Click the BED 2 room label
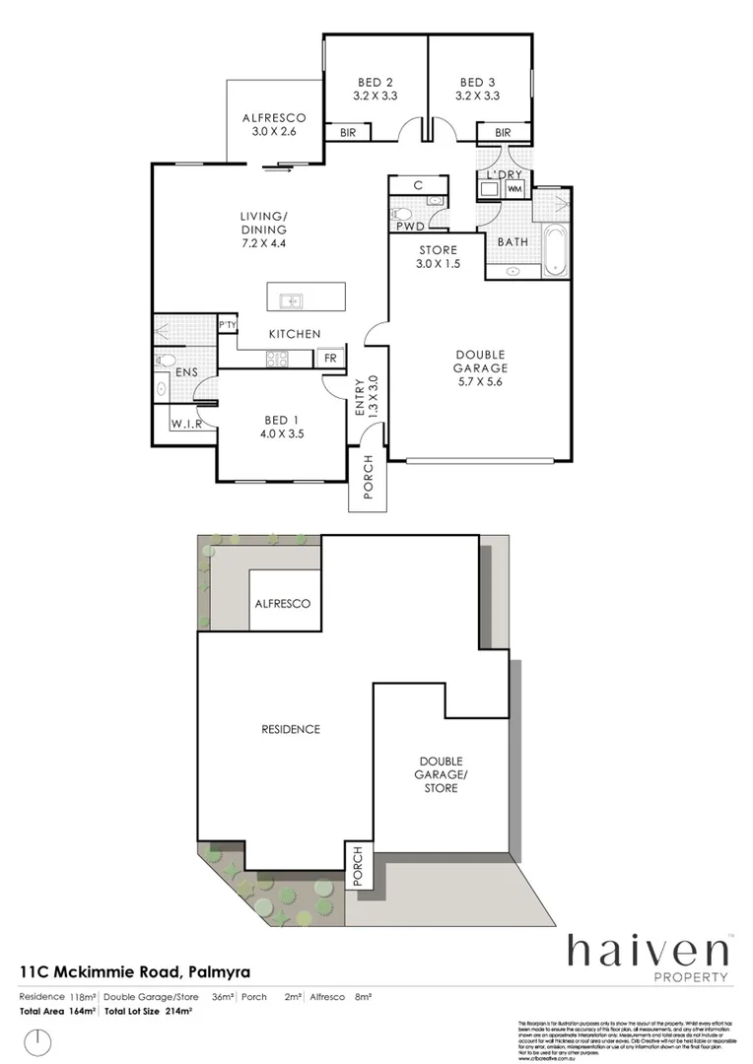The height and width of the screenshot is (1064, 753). pyautogui.click(x=375, y=90)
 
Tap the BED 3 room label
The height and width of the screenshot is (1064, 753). pyautogui.click(x=479, y=90)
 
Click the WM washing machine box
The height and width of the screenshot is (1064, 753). pyautogui.click(x=514, y=188)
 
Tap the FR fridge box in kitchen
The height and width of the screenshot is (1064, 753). pyautogui.click(x=330, y=359)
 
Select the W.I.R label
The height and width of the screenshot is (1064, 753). pyautogui.click(x=186, y=425)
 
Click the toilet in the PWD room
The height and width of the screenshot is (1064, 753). pyautogui.click(x=403, y=213)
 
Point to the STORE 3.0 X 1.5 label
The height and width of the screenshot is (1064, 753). pyautogui.click(x=438, y=257)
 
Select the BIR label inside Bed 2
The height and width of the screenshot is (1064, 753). pyautogui.click(x=348, y=133)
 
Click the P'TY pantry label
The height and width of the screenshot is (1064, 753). pyautogui.click(x=227, y=325)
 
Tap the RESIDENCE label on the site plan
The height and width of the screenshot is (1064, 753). pyautogui.click(x=291, y=729)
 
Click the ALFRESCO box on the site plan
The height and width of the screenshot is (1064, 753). pyautogui.click(x=283, y=603)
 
